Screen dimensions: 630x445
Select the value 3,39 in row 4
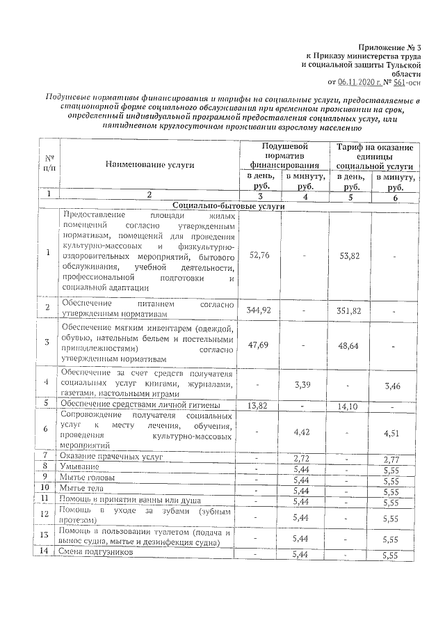(x=301, y=381)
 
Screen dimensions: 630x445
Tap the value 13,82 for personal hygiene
(x=258, y=404)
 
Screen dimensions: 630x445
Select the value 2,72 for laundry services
(x=301, y=458)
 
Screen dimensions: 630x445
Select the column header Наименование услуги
(x=150, y=165)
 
